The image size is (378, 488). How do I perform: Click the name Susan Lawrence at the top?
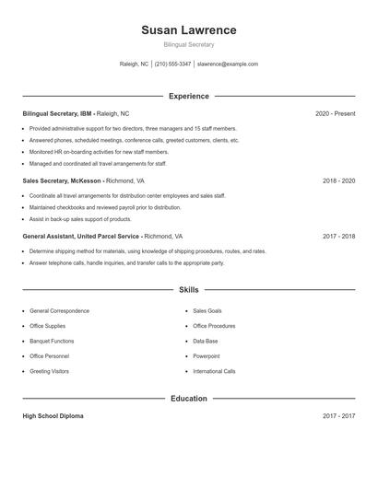188,29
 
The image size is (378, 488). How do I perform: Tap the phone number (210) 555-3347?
172,64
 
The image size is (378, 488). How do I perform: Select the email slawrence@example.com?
227,64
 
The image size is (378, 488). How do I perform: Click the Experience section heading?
188,96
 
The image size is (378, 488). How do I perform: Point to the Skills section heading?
188,289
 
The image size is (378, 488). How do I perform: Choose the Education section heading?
188,399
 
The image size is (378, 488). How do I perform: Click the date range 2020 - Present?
335,113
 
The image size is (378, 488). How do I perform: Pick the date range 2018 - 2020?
338,181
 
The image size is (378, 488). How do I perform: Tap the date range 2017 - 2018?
338,236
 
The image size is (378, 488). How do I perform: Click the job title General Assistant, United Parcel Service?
82,236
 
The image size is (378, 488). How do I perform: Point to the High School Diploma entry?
53,416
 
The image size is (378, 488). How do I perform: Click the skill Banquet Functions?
52,341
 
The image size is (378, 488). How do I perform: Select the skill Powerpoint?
207,355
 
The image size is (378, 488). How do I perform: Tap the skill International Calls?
214,371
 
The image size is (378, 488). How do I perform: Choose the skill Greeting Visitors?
49,371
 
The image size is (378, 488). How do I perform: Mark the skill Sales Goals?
207,311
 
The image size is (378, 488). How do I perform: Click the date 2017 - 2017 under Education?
338,416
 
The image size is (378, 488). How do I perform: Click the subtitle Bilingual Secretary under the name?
188,44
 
